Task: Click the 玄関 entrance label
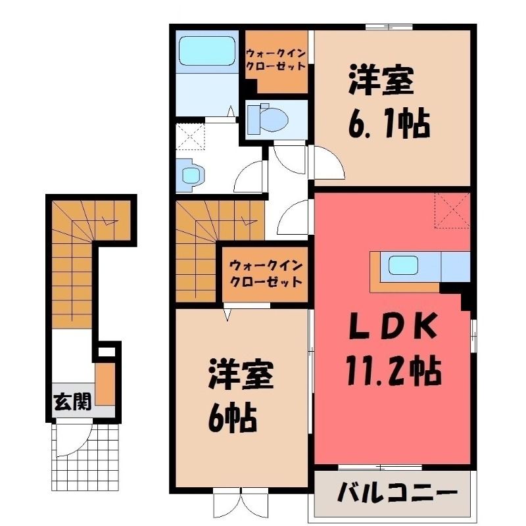[x=72, y=402]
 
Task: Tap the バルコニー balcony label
[x=398, y=493]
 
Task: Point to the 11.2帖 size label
[x=393, y=371]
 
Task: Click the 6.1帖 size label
[x=389, y=124]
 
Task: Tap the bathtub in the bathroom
[x=206, y=51]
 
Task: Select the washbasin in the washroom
[x=193, y=172]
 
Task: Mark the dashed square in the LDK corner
[x=452, y=210]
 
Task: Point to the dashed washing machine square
[x=190, y=137]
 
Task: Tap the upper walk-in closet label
[x=275, y=59]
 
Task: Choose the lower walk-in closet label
[x=266, y=274]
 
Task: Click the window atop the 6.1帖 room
[x=389, y=27]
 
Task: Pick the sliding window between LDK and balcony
[x=380, y=467]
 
